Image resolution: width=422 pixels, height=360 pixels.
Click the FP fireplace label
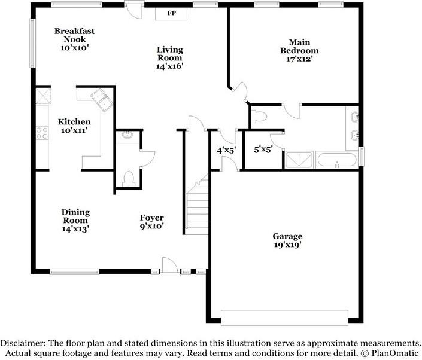pyautogui.click(x=171, y=13)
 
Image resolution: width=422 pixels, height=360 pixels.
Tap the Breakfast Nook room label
pyautogui.click(x=75, y=35)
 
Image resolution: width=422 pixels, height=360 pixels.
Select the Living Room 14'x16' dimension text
pyautogui.click(x=170, y=66)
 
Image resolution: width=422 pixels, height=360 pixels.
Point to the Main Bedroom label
pyautogui.click(x=299, y=46)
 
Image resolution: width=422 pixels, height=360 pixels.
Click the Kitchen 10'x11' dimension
pyautogui.click(x=74, y=130)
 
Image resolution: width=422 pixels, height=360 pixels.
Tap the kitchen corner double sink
pyautogui.click(x=102, y=100)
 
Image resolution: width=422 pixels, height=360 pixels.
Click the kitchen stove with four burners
pyautogui.click(x=42, y=133)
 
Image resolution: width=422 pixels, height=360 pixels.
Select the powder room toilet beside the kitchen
pyautogui.click(x=129, y=179)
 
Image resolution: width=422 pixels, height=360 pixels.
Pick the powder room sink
pyautogui.click(x=127, y=135)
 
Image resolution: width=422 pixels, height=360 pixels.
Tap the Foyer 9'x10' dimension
pyautogui.click(x=152, y=227)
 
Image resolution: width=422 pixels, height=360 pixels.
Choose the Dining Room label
pyautogui.click(x=75, y=216)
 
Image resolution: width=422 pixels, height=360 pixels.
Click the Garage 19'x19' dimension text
pyautogui.click(x=288, y=245)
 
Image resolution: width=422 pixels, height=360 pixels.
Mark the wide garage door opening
pyautogui.click(x=284, y=318)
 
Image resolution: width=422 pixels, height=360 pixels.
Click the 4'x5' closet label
pyautogui.click(x=227, y=150)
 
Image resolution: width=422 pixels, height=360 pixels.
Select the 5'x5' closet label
pyautogui.click(x=263, y=150)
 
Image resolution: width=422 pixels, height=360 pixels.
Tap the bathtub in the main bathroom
pyautogui.click(x=336, y=160)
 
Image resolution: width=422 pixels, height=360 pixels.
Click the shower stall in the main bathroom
pyautogui.click(x=299, y=160)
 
